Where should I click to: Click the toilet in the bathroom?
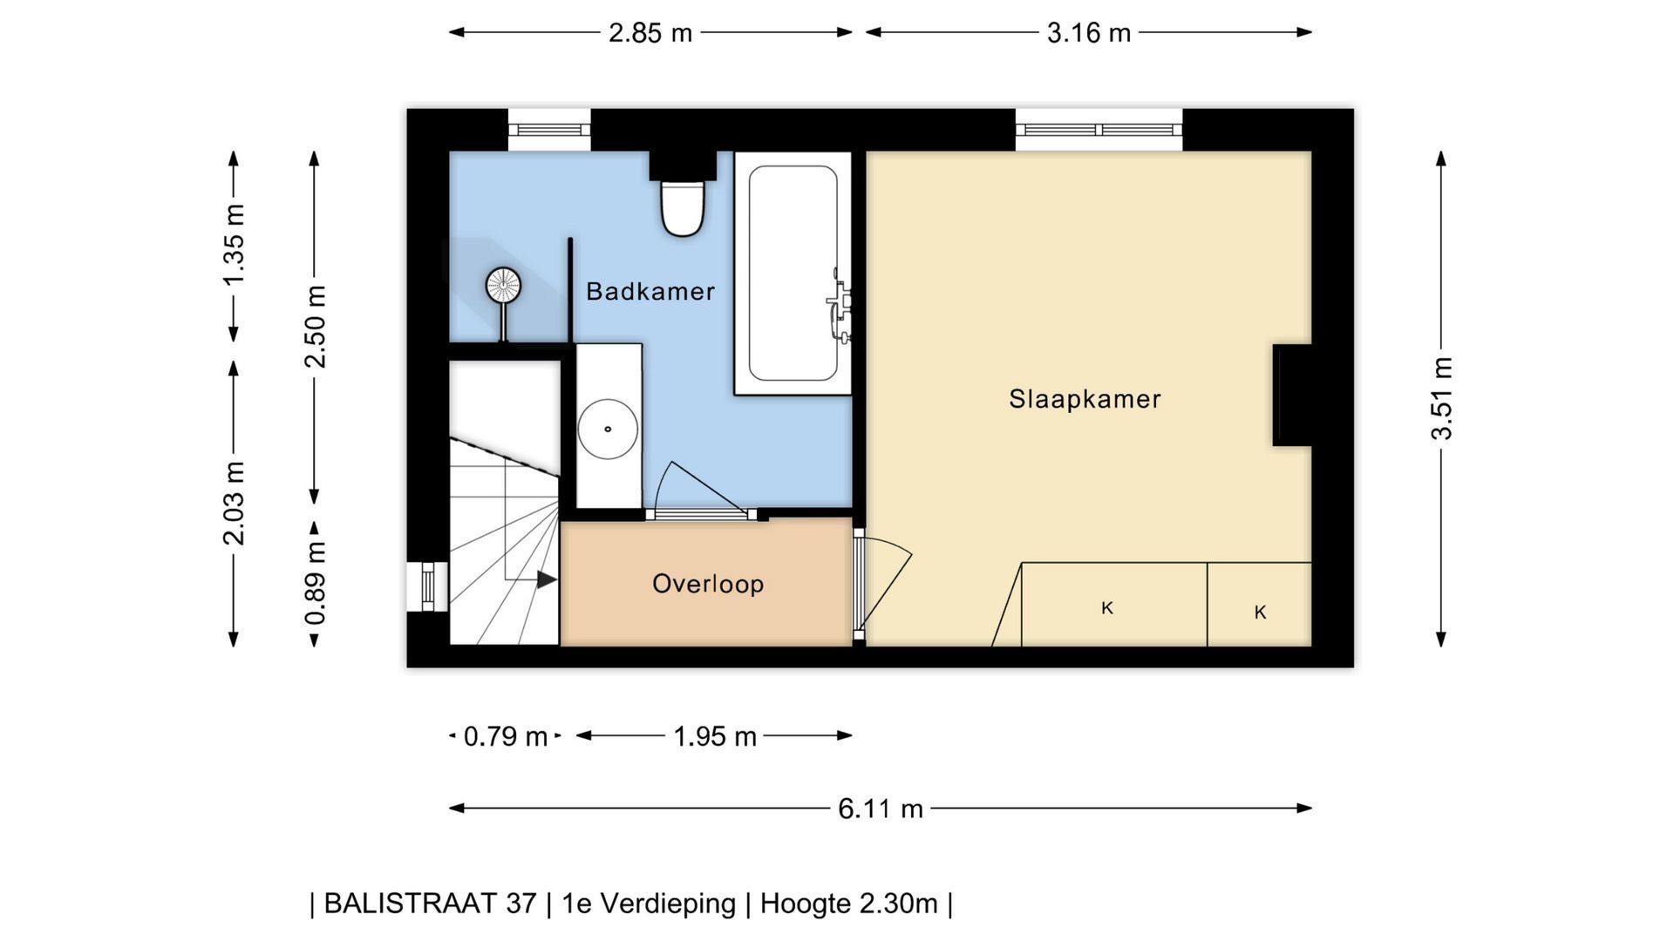(682, 208)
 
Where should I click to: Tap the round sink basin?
(608, 429)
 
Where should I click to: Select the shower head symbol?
(502, 285)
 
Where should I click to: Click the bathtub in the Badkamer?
(793, 274)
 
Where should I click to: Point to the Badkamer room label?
(650, 291)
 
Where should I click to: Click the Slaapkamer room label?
(1085, 399)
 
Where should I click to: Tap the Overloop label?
(708, 584)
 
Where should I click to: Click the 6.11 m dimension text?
(881, 809)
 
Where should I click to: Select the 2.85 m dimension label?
(650, 33)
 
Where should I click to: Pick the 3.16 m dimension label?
(1089, 33)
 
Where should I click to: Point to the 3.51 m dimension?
(1441, 398)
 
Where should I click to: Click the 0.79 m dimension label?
(506, 737)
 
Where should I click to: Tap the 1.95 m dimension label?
(715, 737)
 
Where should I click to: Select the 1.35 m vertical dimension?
(233, 245)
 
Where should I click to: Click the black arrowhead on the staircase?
(547, 579)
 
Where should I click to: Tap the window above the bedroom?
(1099, 130)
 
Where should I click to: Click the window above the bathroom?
(549, 130)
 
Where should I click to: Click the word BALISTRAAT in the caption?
(430, 904)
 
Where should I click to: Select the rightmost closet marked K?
(1260, 605)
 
